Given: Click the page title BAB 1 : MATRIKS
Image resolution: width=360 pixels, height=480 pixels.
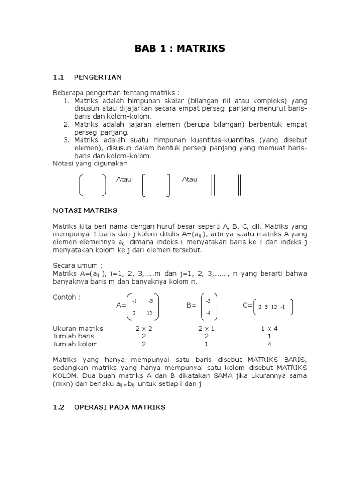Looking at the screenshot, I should pos(180,48).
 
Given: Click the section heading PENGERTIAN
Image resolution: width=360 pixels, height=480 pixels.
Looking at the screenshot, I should pos(98,77).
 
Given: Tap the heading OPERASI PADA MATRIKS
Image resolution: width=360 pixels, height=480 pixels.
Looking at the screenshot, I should pos(120,407).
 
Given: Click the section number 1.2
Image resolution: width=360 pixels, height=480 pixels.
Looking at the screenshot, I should pos(58,407).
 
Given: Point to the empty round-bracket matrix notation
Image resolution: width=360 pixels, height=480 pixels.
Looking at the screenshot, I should pos(92,184).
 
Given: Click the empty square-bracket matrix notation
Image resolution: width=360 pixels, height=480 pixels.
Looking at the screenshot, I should pos(156,184).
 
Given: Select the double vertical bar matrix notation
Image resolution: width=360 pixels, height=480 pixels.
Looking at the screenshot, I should pos(226,184).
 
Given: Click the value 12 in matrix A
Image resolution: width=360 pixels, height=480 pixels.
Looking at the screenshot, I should pos(150,313).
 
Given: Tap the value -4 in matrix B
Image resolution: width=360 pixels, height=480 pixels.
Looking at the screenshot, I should pos(209,313).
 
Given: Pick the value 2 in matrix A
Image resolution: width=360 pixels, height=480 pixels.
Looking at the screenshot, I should pos(134,313).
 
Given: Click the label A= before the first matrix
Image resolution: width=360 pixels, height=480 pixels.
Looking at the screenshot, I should pos(121,306).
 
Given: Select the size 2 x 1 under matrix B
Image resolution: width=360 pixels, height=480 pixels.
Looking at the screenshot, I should pos(206,329).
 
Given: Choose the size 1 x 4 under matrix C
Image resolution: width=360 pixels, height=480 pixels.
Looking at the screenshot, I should pos(270,329).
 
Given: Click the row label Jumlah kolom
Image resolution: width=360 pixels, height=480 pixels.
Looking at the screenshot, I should pos(75,344).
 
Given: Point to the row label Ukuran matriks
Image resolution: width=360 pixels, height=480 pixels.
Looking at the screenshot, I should pos(78,329).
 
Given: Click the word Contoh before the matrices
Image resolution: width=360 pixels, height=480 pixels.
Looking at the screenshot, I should pos(66,297).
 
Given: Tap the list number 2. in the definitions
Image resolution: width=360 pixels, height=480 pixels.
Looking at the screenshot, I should pos(66,124).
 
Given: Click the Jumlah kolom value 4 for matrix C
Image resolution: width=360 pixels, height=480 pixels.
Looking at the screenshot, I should pos(270,344).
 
